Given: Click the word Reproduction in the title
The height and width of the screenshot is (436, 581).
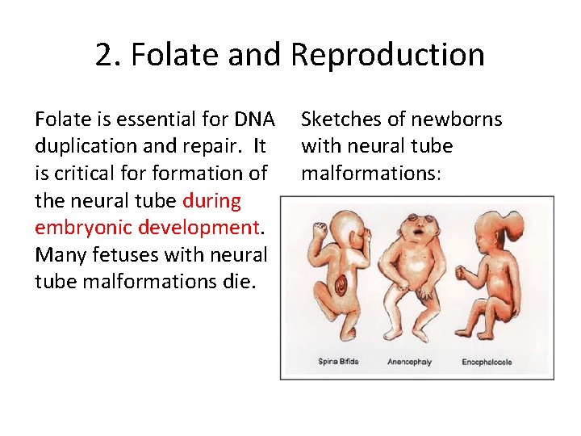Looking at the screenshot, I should coord(387,55).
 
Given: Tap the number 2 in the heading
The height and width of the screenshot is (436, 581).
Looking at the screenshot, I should coord(103,55).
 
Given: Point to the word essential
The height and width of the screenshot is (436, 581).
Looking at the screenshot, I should coord(150,119).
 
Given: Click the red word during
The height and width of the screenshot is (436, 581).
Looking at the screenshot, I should coord(211,199).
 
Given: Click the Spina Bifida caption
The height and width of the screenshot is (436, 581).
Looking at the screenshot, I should coord(339,362).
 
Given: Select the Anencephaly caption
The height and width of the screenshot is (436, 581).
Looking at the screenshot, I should coord(409,362).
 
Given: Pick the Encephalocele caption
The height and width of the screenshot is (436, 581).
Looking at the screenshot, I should coord(487,362).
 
